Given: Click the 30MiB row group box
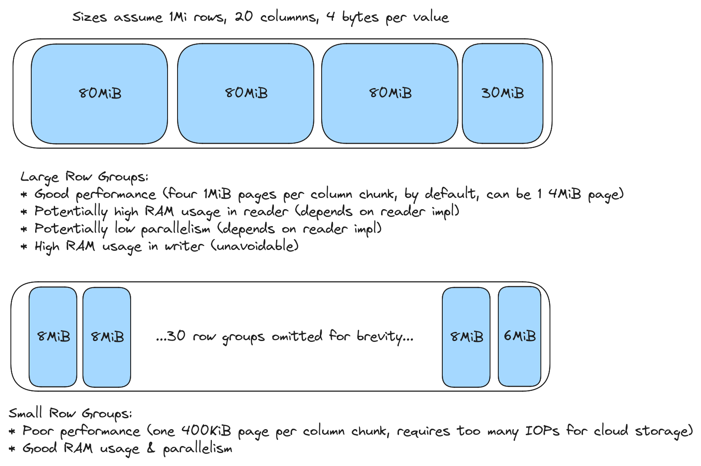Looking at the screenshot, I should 502,93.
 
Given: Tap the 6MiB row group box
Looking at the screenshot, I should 519,336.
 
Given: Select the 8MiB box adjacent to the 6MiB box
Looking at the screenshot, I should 466,337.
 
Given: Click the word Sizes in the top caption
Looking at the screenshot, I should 89,17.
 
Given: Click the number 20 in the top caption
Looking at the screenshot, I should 244,17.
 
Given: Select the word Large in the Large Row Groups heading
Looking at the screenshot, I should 39,177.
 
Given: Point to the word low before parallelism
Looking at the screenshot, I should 125,229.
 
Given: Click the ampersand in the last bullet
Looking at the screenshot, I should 151,448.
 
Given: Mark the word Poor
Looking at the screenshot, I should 39,431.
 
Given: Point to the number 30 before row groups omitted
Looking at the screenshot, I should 176,336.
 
